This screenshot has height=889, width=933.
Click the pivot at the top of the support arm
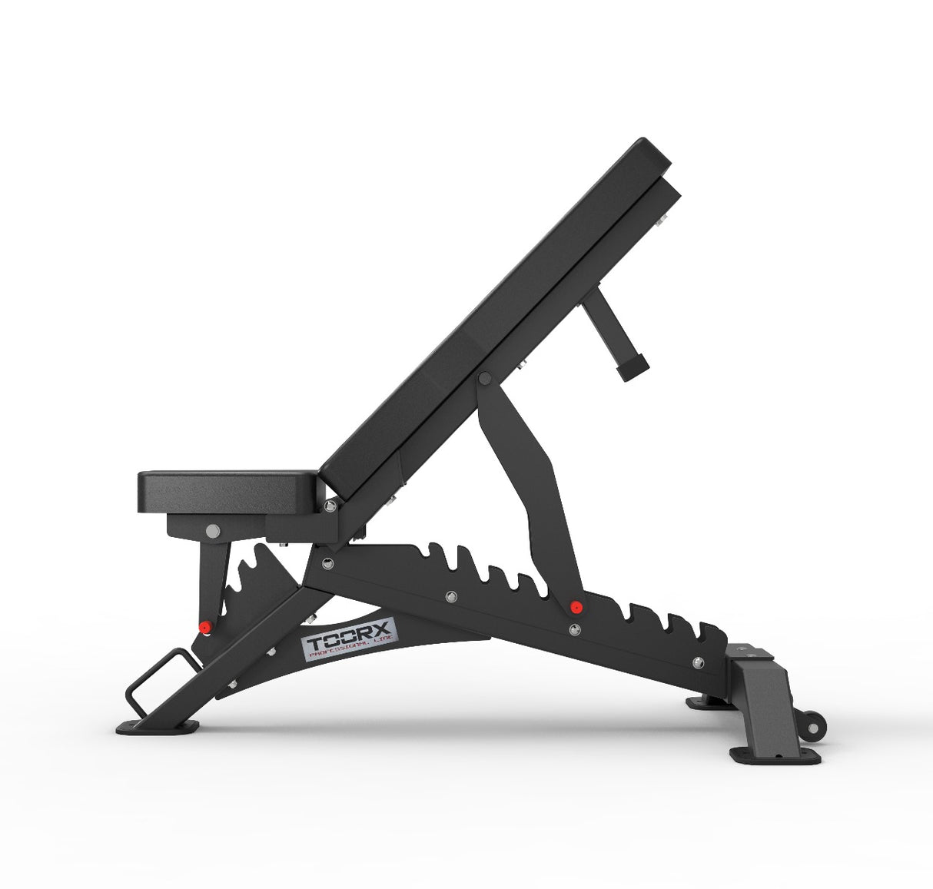[484, 379]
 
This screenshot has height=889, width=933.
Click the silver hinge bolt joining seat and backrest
[330, 506]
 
